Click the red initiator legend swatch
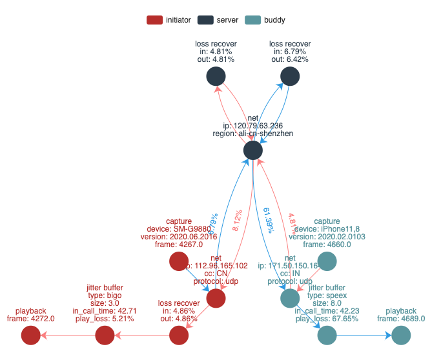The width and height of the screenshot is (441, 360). [x=155, y=20]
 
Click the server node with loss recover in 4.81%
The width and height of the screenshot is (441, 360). [x=216, y=77]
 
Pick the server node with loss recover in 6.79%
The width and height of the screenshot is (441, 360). [x=291, y=77]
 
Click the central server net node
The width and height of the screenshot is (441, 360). [x=253, y=150]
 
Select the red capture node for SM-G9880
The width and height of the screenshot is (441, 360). [x=179, y=261]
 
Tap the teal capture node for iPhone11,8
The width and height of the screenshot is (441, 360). [x=327, y=261]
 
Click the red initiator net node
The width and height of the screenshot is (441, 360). [x=216, y=298]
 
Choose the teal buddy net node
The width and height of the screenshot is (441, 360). [x=290, y=298]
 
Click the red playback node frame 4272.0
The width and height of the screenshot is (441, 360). [x=30, y=335]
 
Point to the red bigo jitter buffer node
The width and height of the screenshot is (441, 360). [x=105, y=335]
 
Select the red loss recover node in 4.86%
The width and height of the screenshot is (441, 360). [x=179, y=335]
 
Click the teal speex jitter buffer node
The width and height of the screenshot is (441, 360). [x=327, y=335]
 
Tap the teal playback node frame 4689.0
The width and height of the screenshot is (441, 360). [x=402, y=335]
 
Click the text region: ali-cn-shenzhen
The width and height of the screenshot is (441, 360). [x=253, y=134]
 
